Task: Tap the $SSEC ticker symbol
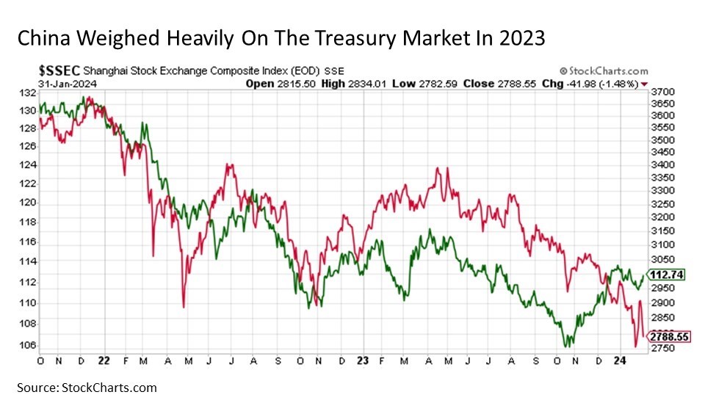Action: [x=59, y=71]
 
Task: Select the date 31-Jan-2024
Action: [x=62, y=84]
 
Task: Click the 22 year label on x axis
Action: [x=104, y=361]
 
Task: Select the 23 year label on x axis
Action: [x=361, y=361]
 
